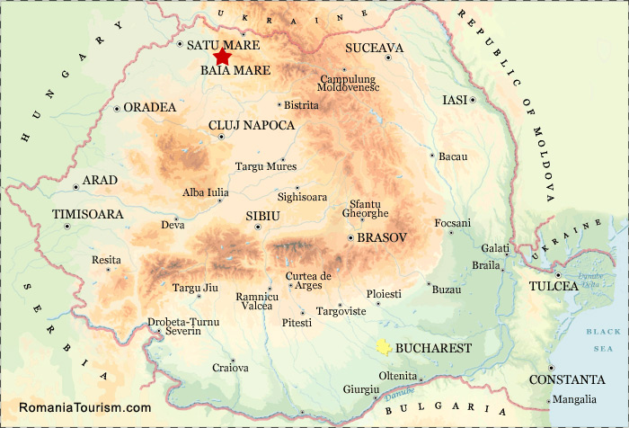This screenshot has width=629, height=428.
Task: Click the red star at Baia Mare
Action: click(222, 57)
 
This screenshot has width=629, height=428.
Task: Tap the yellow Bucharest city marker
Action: click(384, 347)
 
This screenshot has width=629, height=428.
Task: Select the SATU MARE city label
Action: click(223, 44)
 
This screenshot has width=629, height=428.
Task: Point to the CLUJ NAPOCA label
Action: click(252, 125)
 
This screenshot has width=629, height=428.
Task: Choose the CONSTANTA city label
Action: click(567, 379)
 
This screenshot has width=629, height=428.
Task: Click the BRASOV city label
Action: click(383, 237)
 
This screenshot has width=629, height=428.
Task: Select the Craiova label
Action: click(230, 368)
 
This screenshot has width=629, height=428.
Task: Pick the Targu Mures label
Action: click(266, 166)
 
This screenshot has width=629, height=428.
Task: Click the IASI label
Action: click(456, 100)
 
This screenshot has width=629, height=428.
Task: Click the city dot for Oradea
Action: click(117, 108)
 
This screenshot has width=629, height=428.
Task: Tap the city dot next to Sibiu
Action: click(258, 227)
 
